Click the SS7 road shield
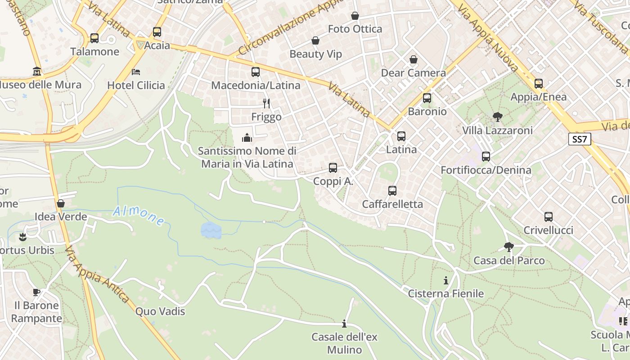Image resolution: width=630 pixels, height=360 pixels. click(580, 139)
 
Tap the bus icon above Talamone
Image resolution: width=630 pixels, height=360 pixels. click(94, 38)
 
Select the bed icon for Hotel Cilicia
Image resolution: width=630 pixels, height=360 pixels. click(136, 72)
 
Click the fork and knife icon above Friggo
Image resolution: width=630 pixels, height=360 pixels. click(266, 103)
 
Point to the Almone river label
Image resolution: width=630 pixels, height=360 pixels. click(139, 215)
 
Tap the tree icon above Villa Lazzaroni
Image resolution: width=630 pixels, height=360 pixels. click(497, 117)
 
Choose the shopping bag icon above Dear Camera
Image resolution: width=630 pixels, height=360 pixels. click(413, 59)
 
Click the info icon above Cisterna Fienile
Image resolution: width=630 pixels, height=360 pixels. click(445, 280)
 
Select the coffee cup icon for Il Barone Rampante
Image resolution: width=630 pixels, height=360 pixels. click(36, 292)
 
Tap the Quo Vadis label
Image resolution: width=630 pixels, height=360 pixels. click(160, 311)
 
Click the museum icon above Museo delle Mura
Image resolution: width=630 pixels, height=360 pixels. click(36, 72)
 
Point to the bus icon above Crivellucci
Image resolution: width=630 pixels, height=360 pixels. click(548, 217)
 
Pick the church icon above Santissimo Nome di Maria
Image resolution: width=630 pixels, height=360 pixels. click(247, 138)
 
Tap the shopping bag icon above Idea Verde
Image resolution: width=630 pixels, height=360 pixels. click(61, 203)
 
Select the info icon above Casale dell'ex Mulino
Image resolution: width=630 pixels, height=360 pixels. click(344, 324)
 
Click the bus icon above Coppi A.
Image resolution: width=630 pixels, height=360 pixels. click(333, 168)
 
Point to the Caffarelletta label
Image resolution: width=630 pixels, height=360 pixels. click(392, 204)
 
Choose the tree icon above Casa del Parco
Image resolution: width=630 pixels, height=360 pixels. click(508, 247)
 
